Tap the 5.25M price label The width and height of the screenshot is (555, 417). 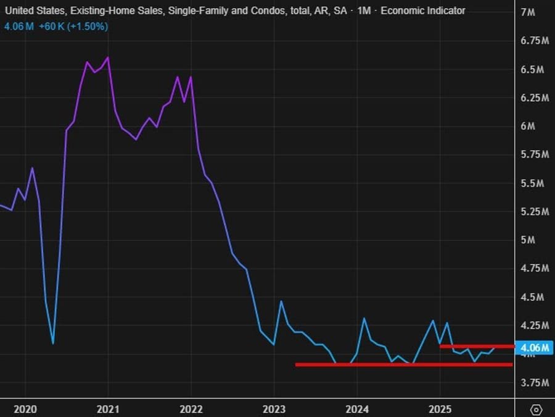[x=535, y=212]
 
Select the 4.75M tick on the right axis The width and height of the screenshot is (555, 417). [x=535, y=269]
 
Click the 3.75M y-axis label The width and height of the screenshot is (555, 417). [x=535, y=383]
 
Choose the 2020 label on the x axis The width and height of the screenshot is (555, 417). [x=25, y=409]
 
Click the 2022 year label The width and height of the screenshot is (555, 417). [x=191, y=409]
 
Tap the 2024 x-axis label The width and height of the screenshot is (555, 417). [x=357, y=409]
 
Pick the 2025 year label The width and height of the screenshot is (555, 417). [x=440, y=409]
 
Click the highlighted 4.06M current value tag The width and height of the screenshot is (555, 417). [x=534, y=348]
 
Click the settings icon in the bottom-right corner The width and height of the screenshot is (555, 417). [x=536, y=409]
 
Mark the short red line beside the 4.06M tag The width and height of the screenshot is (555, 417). [x=477, y=346]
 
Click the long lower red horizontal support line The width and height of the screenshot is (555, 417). [x=404, y=364]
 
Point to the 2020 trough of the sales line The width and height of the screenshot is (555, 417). [x=53, y=343]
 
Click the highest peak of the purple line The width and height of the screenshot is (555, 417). [x=108, y=57]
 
